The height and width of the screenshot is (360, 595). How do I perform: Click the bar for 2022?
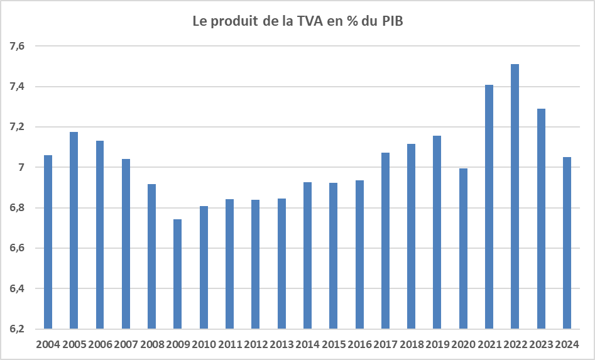pyautogui.click(x=515, y=196)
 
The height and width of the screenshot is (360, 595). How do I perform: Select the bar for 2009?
pyautogui.click(x=178, y=274)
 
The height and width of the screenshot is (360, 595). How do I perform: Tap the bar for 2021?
pyautogui.click(x=489, y=207)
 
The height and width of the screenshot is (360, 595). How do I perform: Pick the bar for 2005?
pyautogui.click(x=74, y=230)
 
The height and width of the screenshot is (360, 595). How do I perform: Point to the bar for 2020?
pyautogui.click(x=463, y=248)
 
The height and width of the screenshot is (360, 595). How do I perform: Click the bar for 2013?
pyautogui.click(x=281, y=263)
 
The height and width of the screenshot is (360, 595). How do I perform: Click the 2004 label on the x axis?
pyautogui.click(x=48, y=344)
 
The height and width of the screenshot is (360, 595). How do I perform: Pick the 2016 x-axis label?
pyautogui.click(x=359, y=344)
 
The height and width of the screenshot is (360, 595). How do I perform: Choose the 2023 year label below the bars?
pyautogui.click(x=541, y=344)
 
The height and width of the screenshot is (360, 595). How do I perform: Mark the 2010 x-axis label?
pyautogui.click(x=204, y=344)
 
